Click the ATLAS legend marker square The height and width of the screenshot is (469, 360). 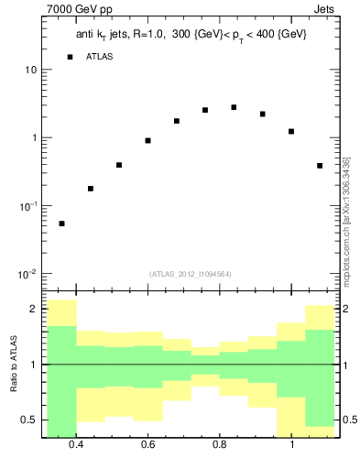[x=70, y=57]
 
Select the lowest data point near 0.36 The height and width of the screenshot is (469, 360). [x=61, y=224]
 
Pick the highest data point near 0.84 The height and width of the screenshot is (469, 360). [x=234, y=107]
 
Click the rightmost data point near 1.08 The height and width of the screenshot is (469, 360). [x=320, y=166]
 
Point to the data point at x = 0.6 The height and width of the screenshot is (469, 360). [x=147, y=140]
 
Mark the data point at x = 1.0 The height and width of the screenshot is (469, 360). [x=291, y=131]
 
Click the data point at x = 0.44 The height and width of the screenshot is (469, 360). [x=91, y=189]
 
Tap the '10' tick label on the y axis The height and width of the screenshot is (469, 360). [x=30, y=71]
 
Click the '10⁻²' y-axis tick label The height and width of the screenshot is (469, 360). [x=27, y=274]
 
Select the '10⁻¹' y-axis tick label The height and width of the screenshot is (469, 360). [x=27, y=206]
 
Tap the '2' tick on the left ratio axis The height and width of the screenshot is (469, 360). [x=33, y=310]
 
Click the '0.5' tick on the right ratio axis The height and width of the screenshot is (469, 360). [x=351, y=420]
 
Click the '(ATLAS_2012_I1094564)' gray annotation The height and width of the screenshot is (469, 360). [x=191, y=274]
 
